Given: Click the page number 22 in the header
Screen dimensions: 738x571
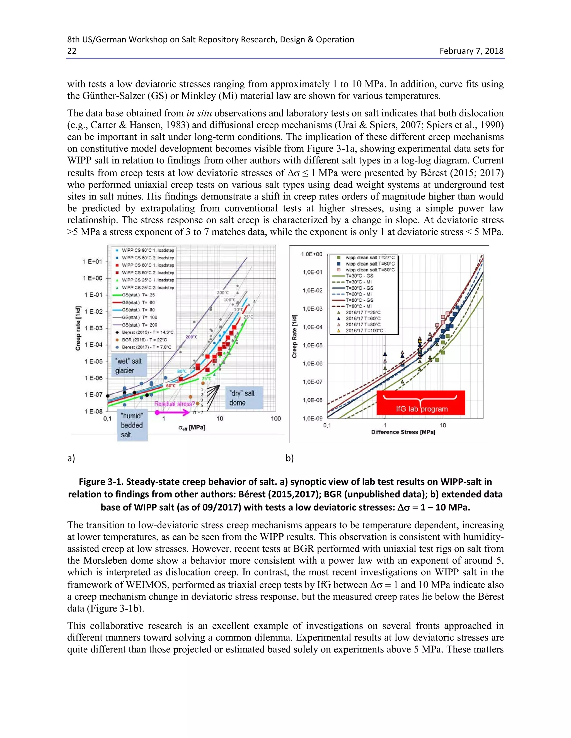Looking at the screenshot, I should pyautogui.click(x=72, y=51).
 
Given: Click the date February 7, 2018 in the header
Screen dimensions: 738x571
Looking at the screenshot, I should pyautogui.click(x=471, y=51).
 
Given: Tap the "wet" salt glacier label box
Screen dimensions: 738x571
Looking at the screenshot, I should pyautogui.click(x=129, y=366).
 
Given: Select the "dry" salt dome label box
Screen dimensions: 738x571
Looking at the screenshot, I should pyautogui.click(x=242, y=398).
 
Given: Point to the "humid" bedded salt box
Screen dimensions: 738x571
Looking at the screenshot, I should pyautogui.click(x=132, y=425).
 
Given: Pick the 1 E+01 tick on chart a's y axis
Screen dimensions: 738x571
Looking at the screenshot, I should pyautogui.click(x=92, y=262).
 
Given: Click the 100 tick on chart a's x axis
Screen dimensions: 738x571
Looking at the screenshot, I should pyautogui.click(x=276, y=419).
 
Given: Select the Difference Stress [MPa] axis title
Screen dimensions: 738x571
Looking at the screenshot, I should pyautogui.click(x=403, y=432).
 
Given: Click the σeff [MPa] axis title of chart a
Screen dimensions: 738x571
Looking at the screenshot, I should pyautogui.click(x=192, y=428).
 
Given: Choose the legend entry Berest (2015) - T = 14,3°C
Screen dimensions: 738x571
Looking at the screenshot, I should pyautogui.click(x=147, y=332).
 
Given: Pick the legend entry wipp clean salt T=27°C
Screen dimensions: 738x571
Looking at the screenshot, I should pyautogui.click(x=370, y=258).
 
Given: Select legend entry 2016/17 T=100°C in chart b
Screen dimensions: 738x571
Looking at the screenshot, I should pyautogui.click(x=364, y=331).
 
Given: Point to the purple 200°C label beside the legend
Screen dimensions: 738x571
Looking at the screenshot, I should pyautogui.click(x=192, y=337).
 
